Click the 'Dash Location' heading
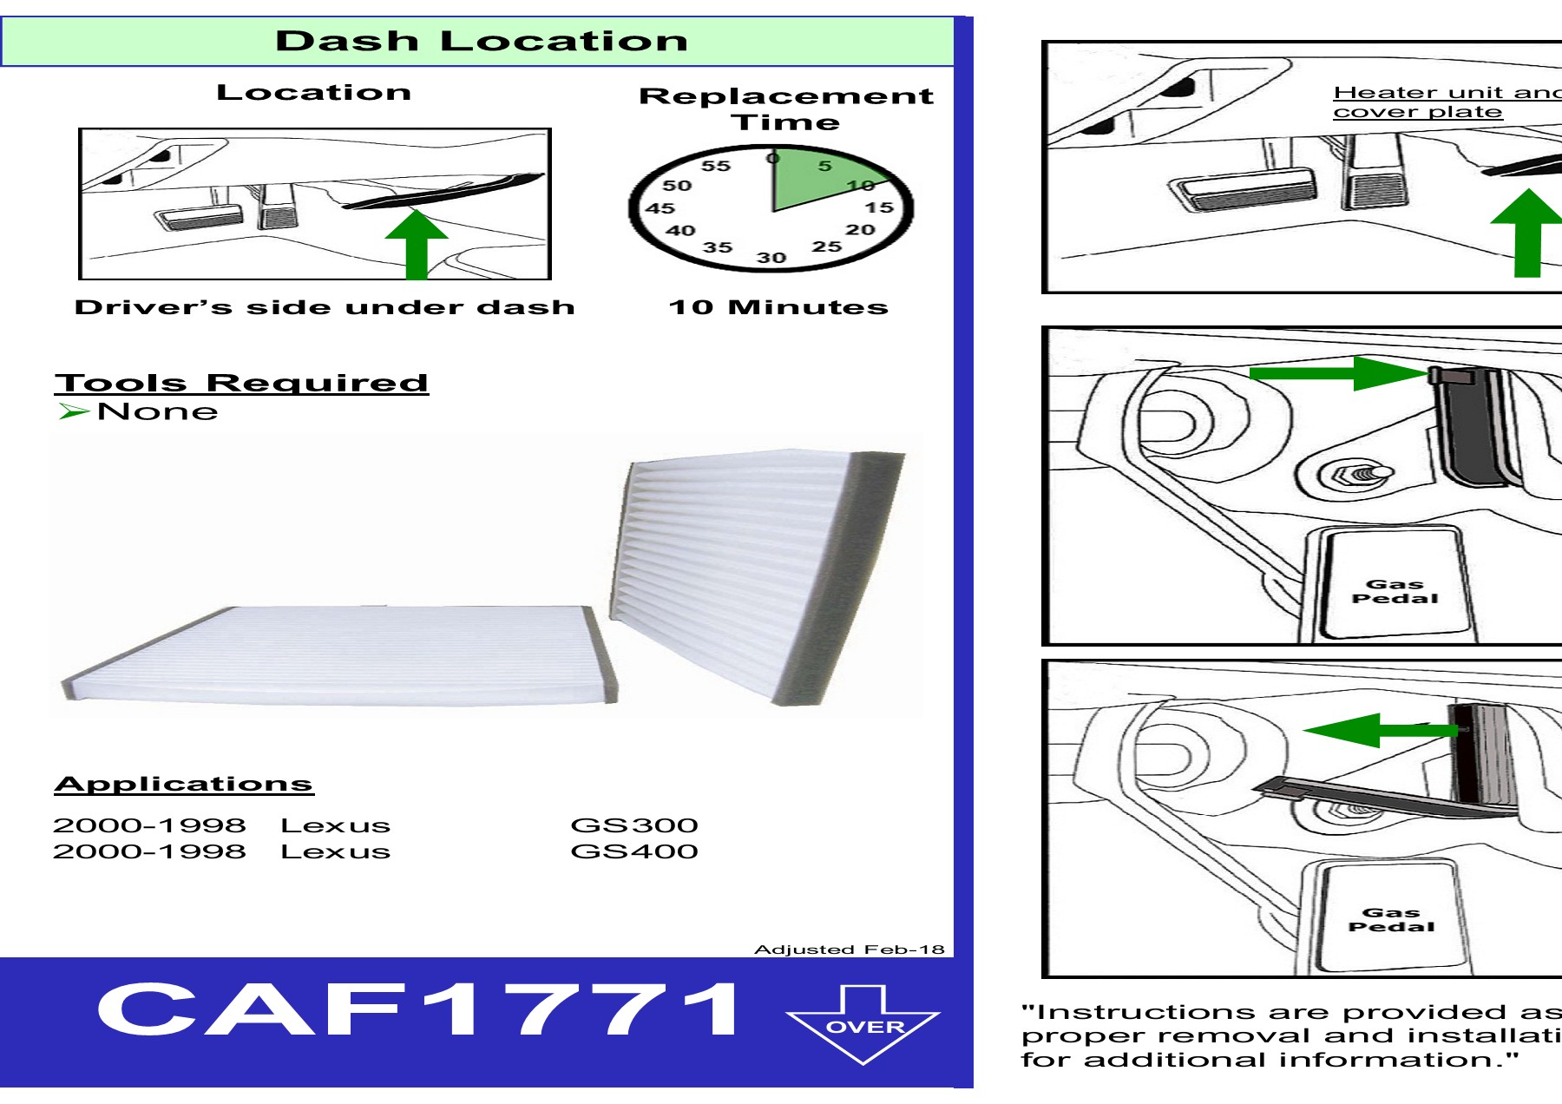click(x=481, y=41)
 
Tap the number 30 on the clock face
click(x=771, y=258)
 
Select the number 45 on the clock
click(x=660, y=208)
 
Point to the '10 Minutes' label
click(x=778, y=307)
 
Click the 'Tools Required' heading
click(x=241, y=383)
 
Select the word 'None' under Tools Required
click(x=157, y=411)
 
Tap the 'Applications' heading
click(x=183, y=784)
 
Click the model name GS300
click(x=634, y=825)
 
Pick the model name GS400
click(x=634, y=851)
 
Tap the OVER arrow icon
click(x=863, y=1024)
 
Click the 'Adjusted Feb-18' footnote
click(x=849, y=950)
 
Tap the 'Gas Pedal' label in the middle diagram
click(x=1395, y=591)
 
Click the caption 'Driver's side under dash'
click(x=325, y=307)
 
